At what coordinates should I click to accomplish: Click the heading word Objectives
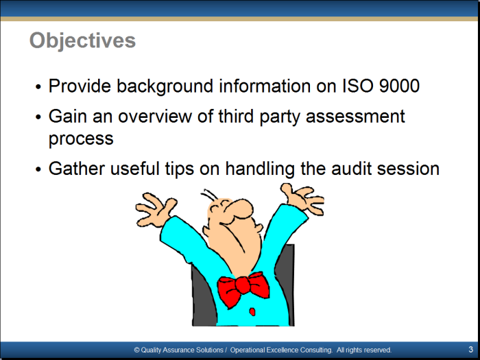click(82, 40)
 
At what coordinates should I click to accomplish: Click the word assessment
click(355, 117)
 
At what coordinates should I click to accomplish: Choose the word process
click(81, 139)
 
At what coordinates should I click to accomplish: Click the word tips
click(180, 169)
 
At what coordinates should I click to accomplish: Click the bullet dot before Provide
click(38, 87)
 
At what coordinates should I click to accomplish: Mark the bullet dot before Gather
click(38, 169)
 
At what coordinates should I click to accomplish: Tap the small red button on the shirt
click(252, 311)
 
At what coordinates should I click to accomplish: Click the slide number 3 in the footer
click(470, 349)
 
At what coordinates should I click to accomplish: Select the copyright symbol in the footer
click(136, 350)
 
